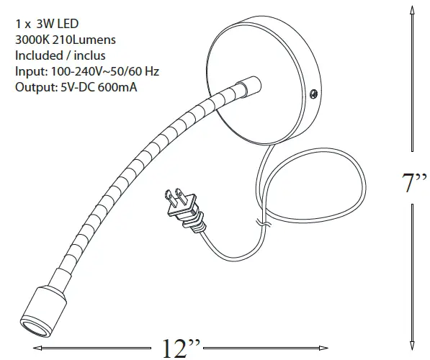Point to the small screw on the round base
[313, 92]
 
